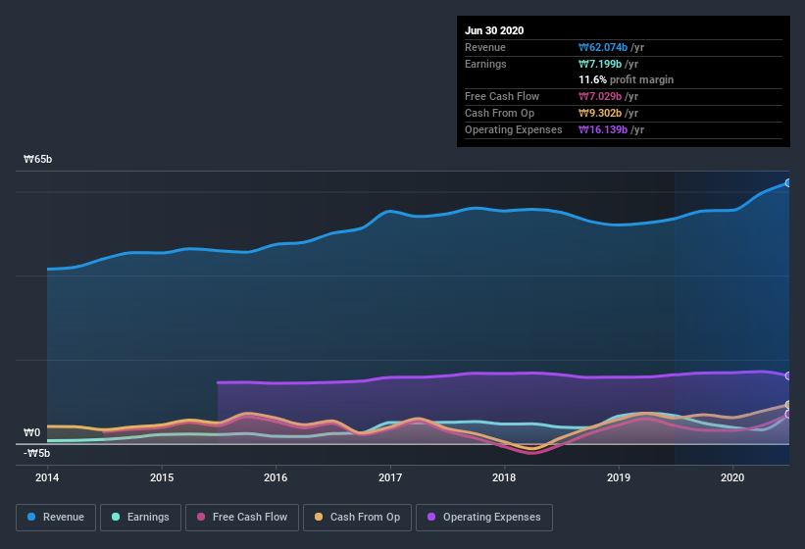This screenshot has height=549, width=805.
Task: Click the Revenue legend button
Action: click(56, 517)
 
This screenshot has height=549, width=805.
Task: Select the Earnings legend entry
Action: click(141, 517)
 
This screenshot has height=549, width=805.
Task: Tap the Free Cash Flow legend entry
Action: click(240, 517)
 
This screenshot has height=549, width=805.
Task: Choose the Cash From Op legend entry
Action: click(357, 517)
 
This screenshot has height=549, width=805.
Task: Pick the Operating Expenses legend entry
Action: click(484, 517)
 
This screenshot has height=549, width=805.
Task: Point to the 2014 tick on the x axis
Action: click(47, 477)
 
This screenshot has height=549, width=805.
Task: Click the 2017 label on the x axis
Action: click(390, 477)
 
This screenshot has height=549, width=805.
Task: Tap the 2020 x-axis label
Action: click(732, 477)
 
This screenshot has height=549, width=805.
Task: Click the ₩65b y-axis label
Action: click(38, 160)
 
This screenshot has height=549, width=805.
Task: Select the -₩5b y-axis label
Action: click(37, 453)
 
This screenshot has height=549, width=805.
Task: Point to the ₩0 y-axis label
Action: click(32, 432)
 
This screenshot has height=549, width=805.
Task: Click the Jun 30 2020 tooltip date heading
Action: click(494, 30)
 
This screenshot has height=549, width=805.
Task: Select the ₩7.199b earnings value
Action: click(608, 64)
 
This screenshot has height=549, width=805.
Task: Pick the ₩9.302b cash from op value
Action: click(608, 113)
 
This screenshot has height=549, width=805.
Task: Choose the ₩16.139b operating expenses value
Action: click(612, 129)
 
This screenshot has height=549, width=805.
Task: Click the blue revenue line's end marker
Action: click(788, 182)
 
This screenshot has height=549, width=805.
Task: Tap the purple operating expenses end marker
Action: click(788, 375)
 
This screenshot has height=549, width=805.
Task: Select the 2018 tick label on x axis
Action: click(504, 477)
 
